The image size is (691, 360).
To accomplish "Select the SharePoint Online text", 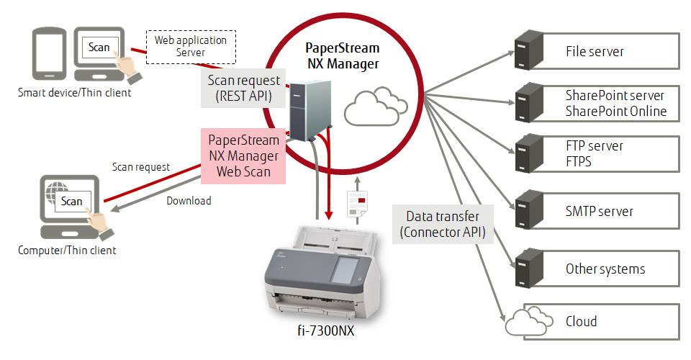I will click(615, 112).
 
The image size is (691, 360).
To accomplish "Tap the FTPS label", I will click(578, 162).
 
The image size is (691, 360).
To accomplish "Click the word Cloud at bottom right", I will click(581, 321).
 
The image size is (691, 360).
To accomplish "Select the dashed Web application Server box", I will click(191, 46).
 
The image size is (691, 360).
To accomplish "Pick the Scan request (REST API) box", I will click(243, 89).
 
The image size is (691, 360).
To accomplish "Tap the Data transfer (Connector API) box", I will click(443, 224).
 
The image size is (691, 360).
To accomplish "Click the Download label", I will click(189, 201).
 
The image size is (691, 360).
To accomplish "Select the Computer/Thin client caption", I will click(67, 251).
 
